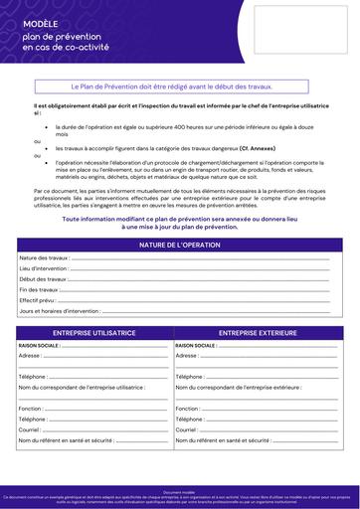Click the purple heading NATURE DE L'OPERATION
pyautogui.click(x=180, y=244)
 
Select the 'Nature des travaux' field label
pyautogui.click(x=43, y=258)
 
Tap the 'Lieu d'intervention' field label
pyautogui.click(x=44, y=268)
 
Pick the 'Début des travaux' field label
pyautogui.click(x=42, y=279)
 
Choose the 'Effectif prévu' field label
pyautogui.click(x=38, y=300)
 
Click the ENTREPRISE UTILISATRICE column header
pyautogui.click(x=93, y=333)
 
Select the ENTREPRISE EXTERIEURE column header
pyautogui.click(x=258, y=333)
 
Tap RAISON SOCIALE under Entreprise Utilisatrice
pyautogui.click(x=40, y=345)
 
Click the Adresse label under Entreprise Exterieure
pyautogui.click(x=186, y=355)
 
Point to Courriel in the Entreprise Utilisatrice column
pyautogui.click(x=30, y=429)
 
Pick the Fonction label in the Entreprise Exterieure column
pyautogui.click(x=187, y=409)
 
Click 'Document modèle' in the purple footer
pyautogui.click(x=180, y=491)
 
